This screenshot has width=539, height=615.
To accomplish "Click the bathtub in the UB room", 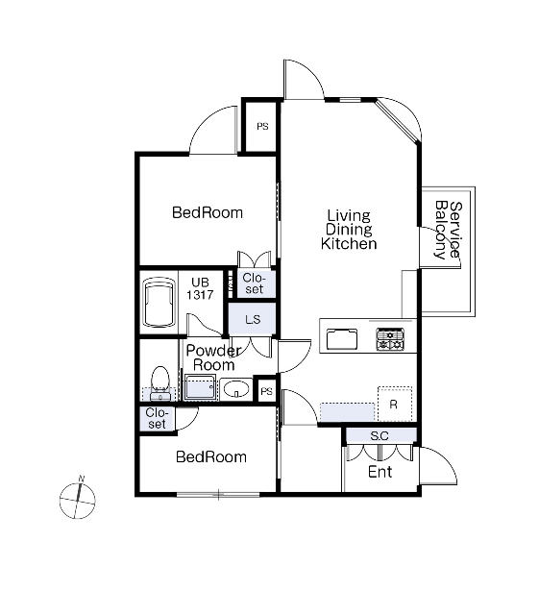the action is point(159,302).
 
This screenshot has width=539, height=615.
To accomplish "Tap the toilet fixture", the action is point(160,383).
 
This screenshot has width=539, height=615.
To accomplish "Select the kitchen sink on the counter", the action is point(342,339).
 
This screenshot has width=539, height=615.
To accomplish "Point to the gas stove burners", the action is point(390,339).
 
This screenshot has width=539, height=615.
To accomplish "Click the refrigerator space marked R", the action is point(395,404).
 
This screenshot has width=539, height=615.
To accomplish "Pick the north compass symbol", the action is point(78,499).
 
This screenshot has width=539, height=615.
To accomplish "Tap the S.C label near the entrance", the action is point(380,435).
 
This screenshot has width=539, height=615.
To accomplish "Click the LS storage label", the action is point(253,319).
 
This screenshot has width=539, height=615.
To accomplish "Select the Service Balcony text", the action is point(449,231).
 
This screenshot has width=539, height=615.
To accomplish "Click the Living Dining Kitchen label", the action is point(349,230).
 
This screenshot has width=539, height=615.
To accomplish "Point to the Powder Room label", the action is point(214,357).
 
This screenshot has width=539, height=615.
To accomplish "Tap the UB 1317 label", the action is point(200,288).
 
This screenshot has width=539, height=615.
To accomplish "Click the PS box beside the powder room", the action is point(266,391).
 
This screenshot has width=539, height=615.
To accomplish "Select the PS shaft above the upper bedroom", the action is point(262,126).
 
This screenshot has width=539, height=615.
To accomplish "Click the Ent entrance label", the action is point(380,472).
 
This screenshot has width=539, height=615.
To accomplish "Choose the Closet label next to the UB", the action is point(254,283).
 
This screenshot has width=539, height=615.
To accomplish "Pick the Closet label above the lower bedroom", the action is point(157,418).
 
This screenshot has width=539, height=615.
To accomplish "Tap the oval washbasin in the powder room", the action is point(236,389).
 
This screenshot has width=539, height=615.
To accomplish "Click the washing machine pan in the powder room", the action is point(201,387).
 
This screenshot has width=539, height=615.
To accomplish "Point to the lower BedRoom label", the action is point(211,457).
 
